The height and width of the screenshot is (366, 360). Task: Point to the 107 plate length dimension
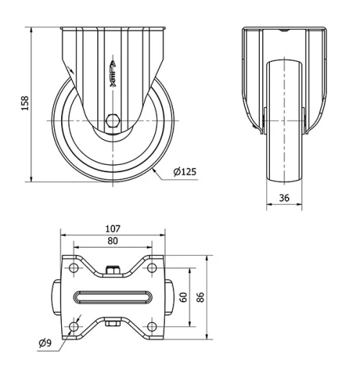point(112,228)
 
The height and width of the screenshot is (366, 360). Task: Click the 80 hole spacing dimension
point(112,241)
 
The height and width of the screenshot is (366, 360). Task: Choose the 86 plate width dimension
point(201,298)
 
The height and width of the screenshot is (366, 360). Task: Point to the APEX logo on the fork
point(113,72)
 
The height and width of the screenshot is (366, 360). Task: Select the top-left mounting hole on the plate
point(74,269)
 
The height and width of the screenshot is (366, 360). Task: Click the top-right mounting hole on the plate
point(150,269)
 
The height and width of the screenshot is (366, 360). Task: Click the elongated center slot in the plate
point(112,298)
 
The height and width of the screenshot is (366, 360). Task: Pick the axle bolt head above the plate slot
point(112,271)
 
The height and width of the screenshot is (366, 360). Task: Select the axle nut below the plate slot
point(112,324)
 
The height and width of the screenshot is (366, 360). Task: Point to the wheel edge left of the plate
point(57,298)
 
